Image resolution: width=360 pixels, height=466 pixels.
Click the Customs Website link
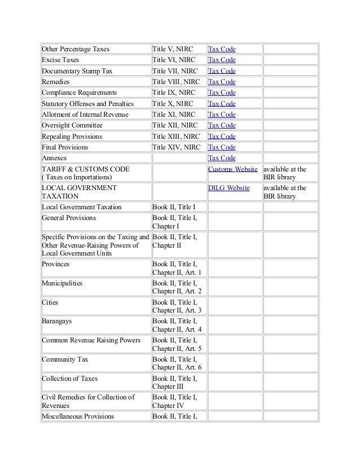(233, 169)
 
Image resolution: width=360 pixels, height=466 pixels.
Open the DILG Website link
(229, 188)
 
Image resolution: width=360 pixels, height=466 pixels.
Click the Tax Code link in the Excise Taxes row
(222, 60)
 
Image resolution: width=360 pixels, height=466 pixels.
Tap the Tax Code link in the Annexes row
(222, 158)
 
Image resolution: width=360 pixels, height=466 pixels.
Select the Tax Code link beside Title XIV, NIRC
(222, 147)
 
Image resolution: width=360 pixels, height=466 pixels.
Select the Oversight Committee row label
(71, 125)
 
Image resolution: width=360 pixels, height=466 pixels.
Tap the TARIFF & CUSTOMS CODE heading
(85, 169)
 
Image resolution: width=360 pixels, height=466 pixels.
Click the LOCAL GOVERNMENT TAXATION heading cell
(79, 192)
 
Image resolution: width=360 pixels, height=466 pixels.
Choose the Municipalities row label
(62, 282)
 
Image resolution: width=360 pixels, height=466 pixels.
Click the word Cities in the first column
(50, 302)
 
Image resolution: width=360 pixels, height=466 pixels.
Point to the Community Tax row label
(65, 359)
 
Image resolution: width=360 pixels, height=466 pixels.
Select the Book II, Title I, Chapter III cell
(175, 382)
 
